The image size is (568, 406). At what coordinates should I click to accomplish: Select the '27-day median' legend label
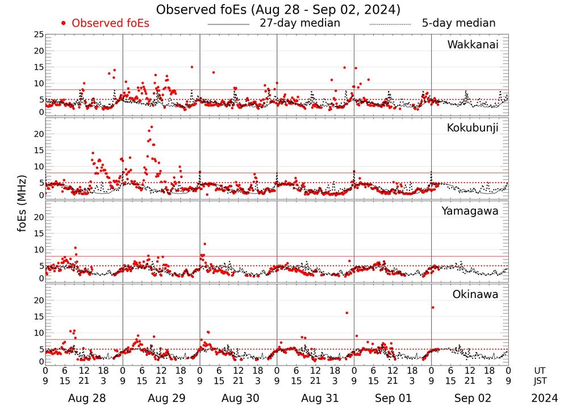299,23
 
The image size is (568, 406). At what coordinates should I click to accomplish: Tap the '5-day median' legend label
458,23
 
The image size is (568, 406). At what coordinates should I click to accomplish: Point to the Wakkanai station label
473,45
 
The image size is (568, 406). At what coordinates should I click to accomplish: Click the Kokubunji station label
471,128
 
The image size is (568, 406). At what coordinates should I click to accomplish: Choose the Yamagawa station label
470,211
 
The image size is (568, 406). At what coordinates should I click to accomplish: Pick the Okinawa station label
475,295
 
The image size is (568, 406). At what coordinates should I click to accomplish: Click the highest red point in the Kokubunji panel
151,127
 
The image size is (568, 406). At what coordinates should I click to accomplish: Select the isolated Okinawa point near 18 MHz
433,307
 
